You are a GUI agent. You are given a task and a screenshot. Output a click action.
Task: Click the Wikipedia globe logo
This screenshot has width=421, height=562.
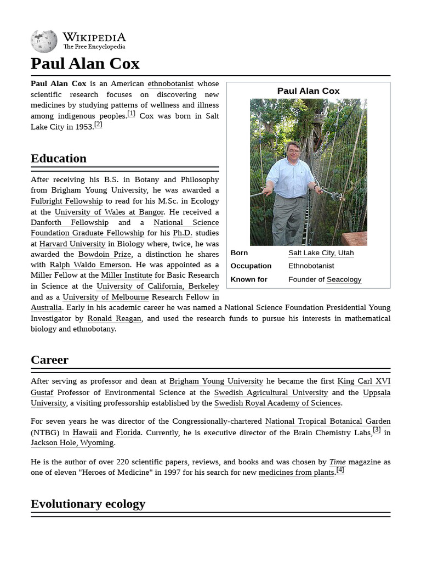[44, 42]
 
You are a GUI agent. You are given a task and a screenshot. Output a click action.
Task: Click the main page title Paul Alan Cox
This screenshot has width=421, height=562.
[85, 64]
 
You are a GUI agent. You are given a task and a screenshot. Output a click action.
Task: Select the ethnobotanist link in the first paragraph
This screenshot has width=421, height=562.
[170, 84]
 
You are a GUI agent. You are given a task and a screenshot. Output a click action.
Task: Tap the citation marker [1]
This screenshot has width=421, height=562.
[131, 114]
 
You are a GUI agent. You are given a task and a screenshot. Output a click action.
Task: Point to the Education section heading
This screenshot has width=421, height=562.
[59, 159]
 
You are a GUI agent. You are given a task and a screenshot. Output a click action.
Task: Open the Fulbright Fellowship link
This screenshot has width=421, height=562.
[66, 201]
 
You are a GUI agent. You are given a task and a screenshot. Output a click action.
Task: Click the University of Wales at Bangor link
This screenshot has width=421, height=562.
[109, 212]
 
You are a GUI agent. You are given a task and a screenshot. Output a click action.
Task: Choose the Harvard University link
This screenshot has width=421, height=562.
[72, 244]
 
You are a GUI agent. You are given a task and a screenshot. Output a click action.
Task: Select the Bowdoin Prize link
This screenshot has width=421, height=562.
[104, 255]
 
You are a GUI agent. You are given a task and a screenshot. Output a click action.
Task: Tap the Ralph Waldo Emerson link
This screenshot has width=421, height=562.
[89, 265]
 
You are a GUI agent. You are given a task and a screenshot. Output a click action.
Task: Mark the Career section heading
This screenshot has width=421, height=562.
[49, 360]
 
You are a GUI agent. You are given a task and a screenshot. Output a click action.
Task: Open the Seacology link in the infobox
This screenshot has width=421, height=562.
[344, 279]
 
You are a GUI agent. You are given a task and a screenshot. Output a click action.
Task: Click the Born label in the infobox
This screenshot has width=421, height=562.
[239, 253]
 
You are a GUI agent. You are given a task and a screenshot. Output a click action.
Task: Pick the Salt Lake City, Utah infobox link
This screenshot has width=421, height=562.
[321, 253]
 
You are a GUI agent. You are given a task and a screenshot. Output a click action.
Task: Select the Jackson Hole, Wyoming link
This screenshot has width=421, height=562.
[72, 443]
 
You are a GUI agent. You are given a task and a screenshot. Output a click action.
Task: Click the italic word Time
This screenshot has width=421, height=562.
[337, 462]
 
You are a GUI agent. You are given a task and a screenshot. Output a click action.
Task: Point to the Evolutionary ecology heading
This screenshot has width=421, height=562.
[88, 504]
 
